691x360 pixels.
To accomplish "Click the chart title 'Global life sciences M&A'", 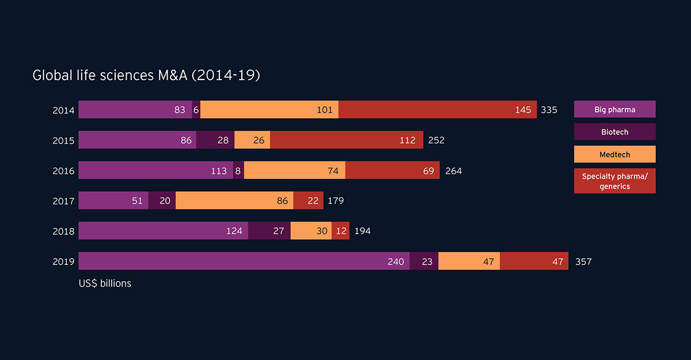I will click(146, 75).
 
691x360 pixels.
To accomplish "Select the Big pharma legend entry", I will click(614, 109).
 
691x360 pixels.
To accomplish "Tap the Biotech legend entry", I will click(614, 132).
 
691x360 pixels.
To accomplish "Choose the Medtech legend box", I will click(614, 154).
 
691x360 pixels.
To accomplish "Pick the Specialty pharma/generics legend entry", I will click(614, 181).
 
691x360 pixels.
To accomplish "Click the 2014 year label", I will click(63, 110).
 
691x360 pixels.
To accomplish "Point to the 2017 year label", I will click(63, 200).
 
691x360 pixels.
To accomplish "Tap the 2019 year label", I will click(63, 262).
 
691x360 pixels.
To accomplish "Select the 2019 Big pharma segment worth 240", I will click(244, 261).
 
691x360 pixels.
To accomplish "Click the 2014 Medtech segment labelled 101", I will click(269, 109).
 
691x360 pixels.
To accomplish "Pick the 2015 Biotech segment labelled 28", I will click(215, 140).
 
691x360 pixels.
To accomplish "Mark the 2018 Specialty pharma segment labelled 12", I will click(340, 231).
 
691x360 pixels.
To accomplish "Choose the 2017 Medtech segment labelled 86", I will click(234, 200).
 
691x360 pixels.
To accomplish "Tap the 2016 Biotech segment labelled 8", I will click(238, 170).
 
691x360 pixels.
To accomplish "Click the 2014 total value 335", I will click(549, 110).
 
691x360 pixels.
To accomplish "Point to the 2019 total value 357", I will click(583, 262).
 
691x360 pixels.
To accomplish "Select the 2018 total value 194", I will click(362, 231).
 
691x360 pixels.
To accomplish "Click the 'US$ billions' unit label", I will click(105, 283).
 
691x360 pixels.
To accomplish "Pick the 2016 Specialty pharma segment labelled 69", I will click(392, 170).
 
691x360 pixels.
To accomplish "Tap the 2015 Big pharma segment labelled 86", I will click(137, 140).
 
